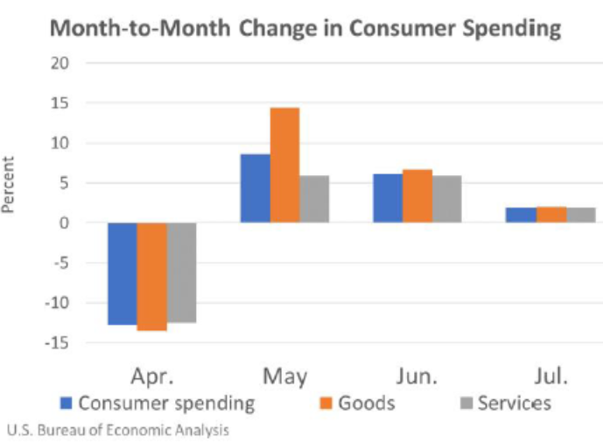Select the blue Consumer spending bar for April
[x=122, y=273]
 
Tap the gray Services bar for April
[x=181, y=272]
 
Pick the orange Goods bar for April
[x=151, y=276]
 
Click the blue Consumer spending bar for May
[x=255, y=188]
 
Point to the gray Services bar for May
[x=314, y=199]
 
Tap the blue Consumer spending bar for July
[x=521, y=215]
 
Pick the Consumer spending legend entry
[x=158, y=403]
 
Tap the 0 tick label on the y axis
[x=64, y=222]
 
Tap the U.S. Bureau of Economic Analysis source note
[x=118, y=430]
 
